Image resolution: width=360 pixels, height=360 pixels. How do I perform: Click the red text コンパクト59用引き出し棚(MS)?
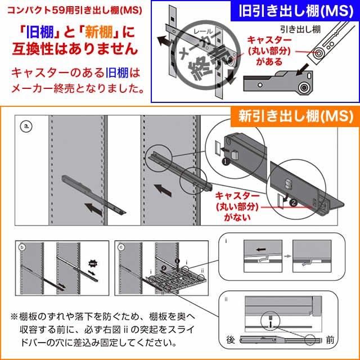(71, 11)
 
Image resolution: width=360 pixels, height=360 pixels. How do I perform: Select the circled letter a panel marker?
(24, 126)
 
